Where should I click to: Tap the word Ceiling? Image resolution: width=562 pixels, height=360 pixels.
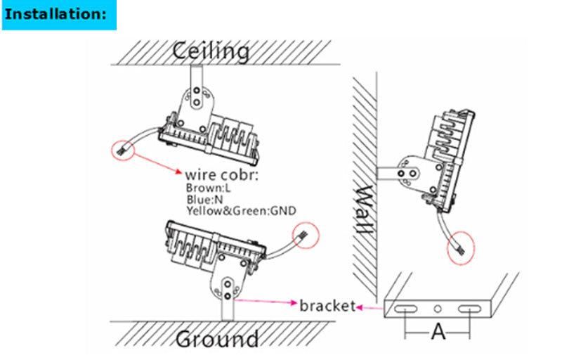211,51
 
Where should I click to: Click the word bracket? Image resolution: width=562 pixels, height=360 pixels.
325,306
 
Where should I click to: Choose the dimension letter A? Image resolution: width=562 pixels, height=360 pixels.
438,331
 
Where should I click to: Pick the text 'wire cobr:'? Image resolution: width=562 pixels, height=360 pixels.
221,174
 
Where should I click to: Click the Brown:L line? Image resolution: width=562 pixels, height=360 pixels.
208,188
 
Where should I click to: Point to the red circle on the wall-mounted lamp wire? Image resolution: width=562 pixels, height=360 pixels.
462,247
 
